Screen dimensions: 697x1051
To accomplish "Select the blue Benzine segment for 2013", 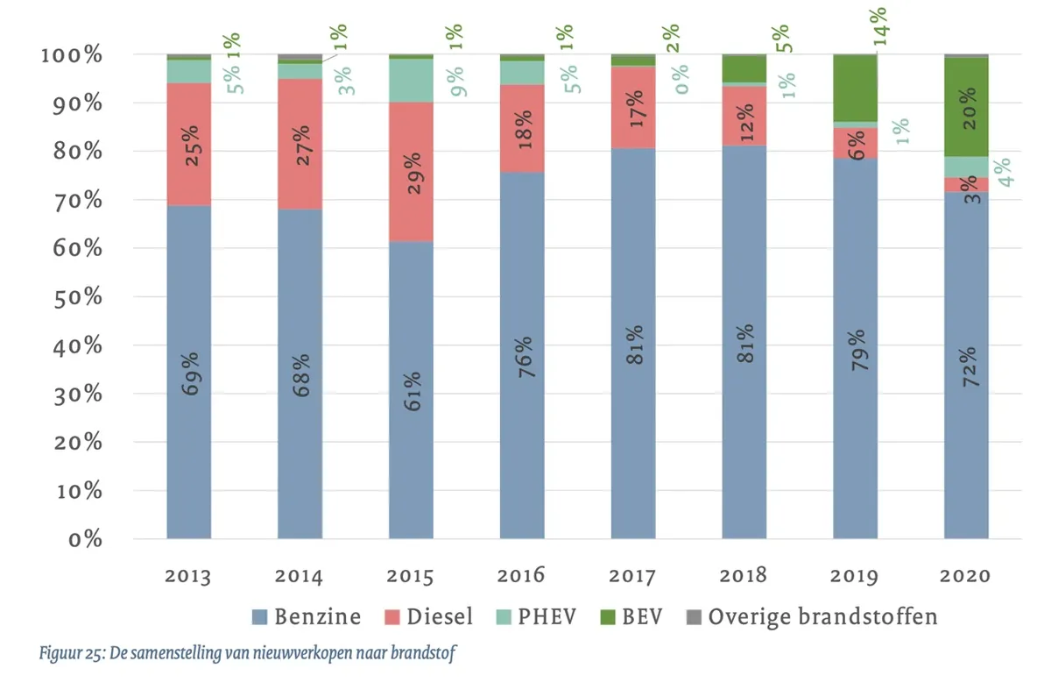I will [189, 438].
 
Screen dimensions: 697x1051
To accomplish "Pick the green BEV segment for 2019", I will [855, 88].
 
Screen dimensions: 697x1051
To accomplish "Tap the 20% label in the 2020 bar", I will [966, 110].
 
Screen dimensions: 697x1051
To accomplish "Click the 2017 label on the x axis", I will [633, 576].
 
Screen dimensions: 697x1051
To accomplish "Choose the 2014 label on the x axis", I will [300, 576].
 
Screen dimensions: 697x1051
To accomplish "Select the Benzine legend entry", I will [307, 616].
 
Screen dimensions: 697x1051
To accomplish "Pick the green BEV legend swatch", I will [607, 617].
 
